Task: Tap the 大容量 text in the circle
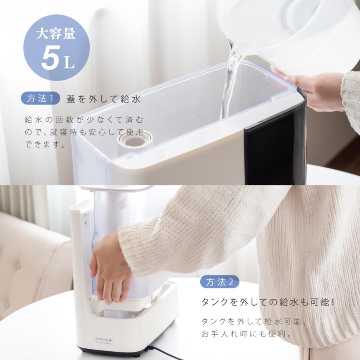[x=56, y=35]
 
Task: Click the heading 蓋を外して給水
[x=104, y=99]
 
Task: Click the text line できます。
[x=44, y=144]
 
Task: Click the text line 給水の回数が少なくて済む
[x=83, y=120]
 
